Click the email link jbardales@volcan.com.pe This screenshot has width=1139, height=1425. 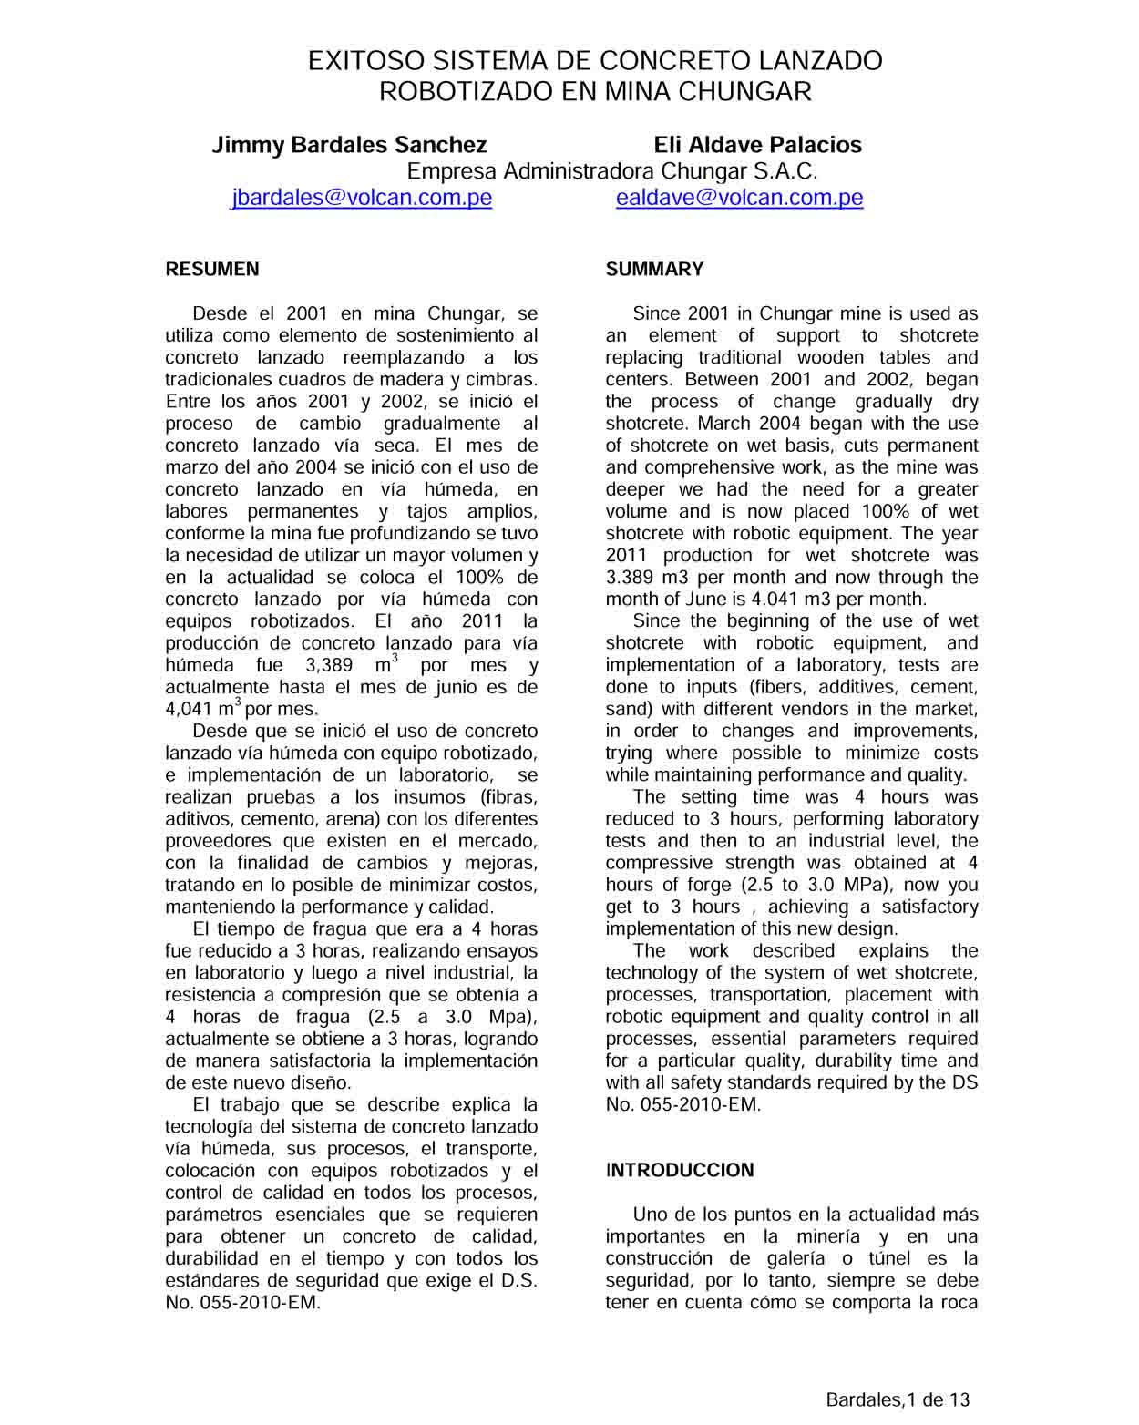pyautogui.click(x=362, y=198)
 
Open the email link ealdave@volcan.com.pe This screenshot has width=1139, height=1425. pyautogui.click(x=739, y=198)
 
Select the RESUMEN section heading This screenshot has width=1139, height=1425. pyautogui.click(x=212, y=269)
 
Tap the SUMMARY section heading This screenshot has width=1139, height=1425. pyautogui.click(x=654, y=269)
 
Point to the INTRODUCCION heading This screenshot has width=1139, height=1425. pyautogui.click(x=680, y=1170)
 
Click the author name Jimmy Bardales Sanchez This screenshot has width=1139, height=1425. pyautogui.click(x=349, y=145)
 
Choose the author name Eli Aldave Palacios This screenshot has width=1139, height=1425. pyautogui.click(x=757, y=145)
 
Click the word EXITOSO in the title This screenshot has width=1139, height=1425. pyautogui.click(x=365, y=61)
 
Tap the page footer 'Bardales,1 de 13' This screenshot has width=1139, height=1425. pyautogui.click(x=898, y=1399)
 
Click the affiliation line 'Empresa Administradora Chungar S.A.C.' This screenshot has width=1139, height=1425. pyautogui.click(x=611, y=171)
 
